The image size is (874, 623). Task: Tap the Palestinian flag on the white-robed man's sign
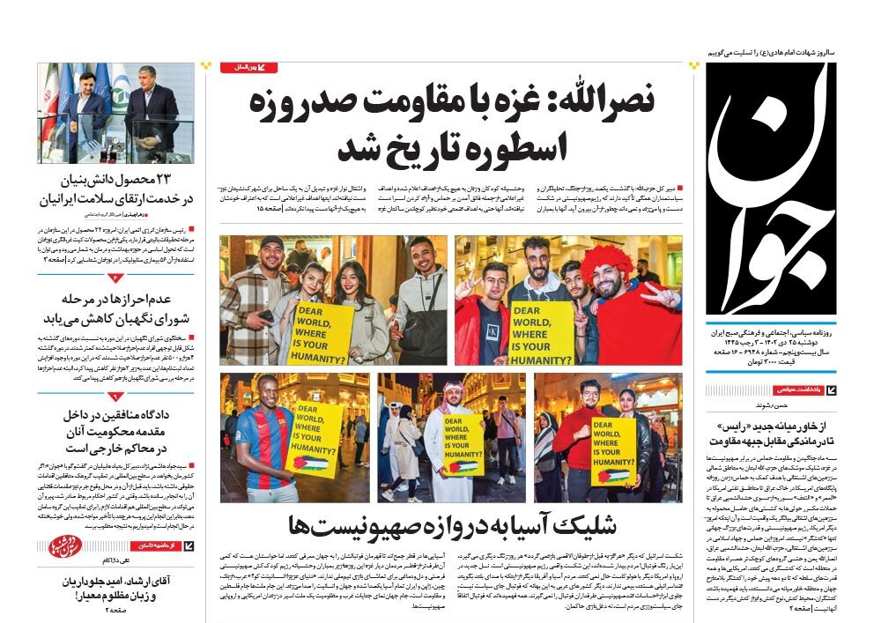[463, 466]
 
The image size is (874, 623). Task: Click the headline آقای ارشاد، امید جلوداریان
[115, 590]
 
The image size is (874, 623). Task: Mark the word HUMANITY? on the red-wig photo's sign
[543, 359]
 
